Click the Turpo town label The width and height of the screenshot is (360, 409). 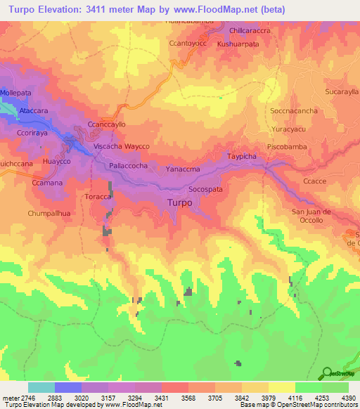click(x=180, y=203)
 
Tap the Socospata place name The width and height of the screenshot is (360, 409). click(x=205, y=190)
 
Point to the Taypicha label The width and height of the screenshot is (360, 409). click(x=243, y=156)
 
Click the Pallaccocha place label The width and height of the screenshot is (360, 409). click(x=128, y=165)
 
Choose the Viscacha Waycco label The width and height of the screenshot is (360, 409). click(x=122, y=146)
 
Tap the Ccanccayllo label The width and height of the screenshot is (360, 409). click(x=106, y=124)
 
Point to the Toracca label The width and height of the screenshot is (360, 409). click(x=98, y=197)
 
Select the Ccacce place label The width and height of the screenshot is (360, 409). click(x=314, y=181)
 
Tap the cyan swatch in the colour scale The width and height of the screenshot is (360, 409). click(x=41, y=387)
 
